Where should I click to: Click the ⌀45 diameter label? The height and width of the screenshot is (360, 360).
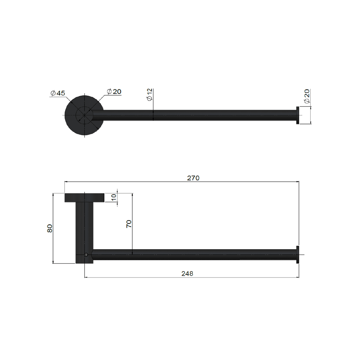pos(58,93)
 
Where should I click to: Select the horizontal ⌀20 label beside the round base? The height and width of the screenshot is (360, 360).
pos(114,92)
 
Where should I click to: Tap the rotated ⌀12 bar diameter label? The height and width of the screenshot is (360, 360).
pos(149,94)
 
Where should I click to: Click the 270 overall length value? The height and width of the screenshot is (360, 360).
pos(193,178)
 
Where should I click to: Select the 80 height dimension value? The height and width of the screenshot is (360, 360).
pos(50,228)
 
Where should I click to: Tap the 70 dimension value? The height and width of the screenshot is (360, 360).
pos(129,224)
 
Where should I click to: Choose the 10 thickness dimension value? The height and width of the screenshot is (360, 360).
pos(114,197)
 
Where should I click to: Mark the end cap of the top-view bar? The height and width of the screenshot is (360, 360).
pos(297,115)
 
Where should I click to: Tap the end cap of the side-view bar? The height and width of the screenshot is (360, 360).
pos(298,254)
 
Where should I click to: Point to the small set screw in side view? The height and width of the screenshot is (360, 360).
pos(86,255)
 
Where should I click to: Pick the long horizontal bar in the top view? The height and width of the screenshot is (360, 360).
pos(200,115)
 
